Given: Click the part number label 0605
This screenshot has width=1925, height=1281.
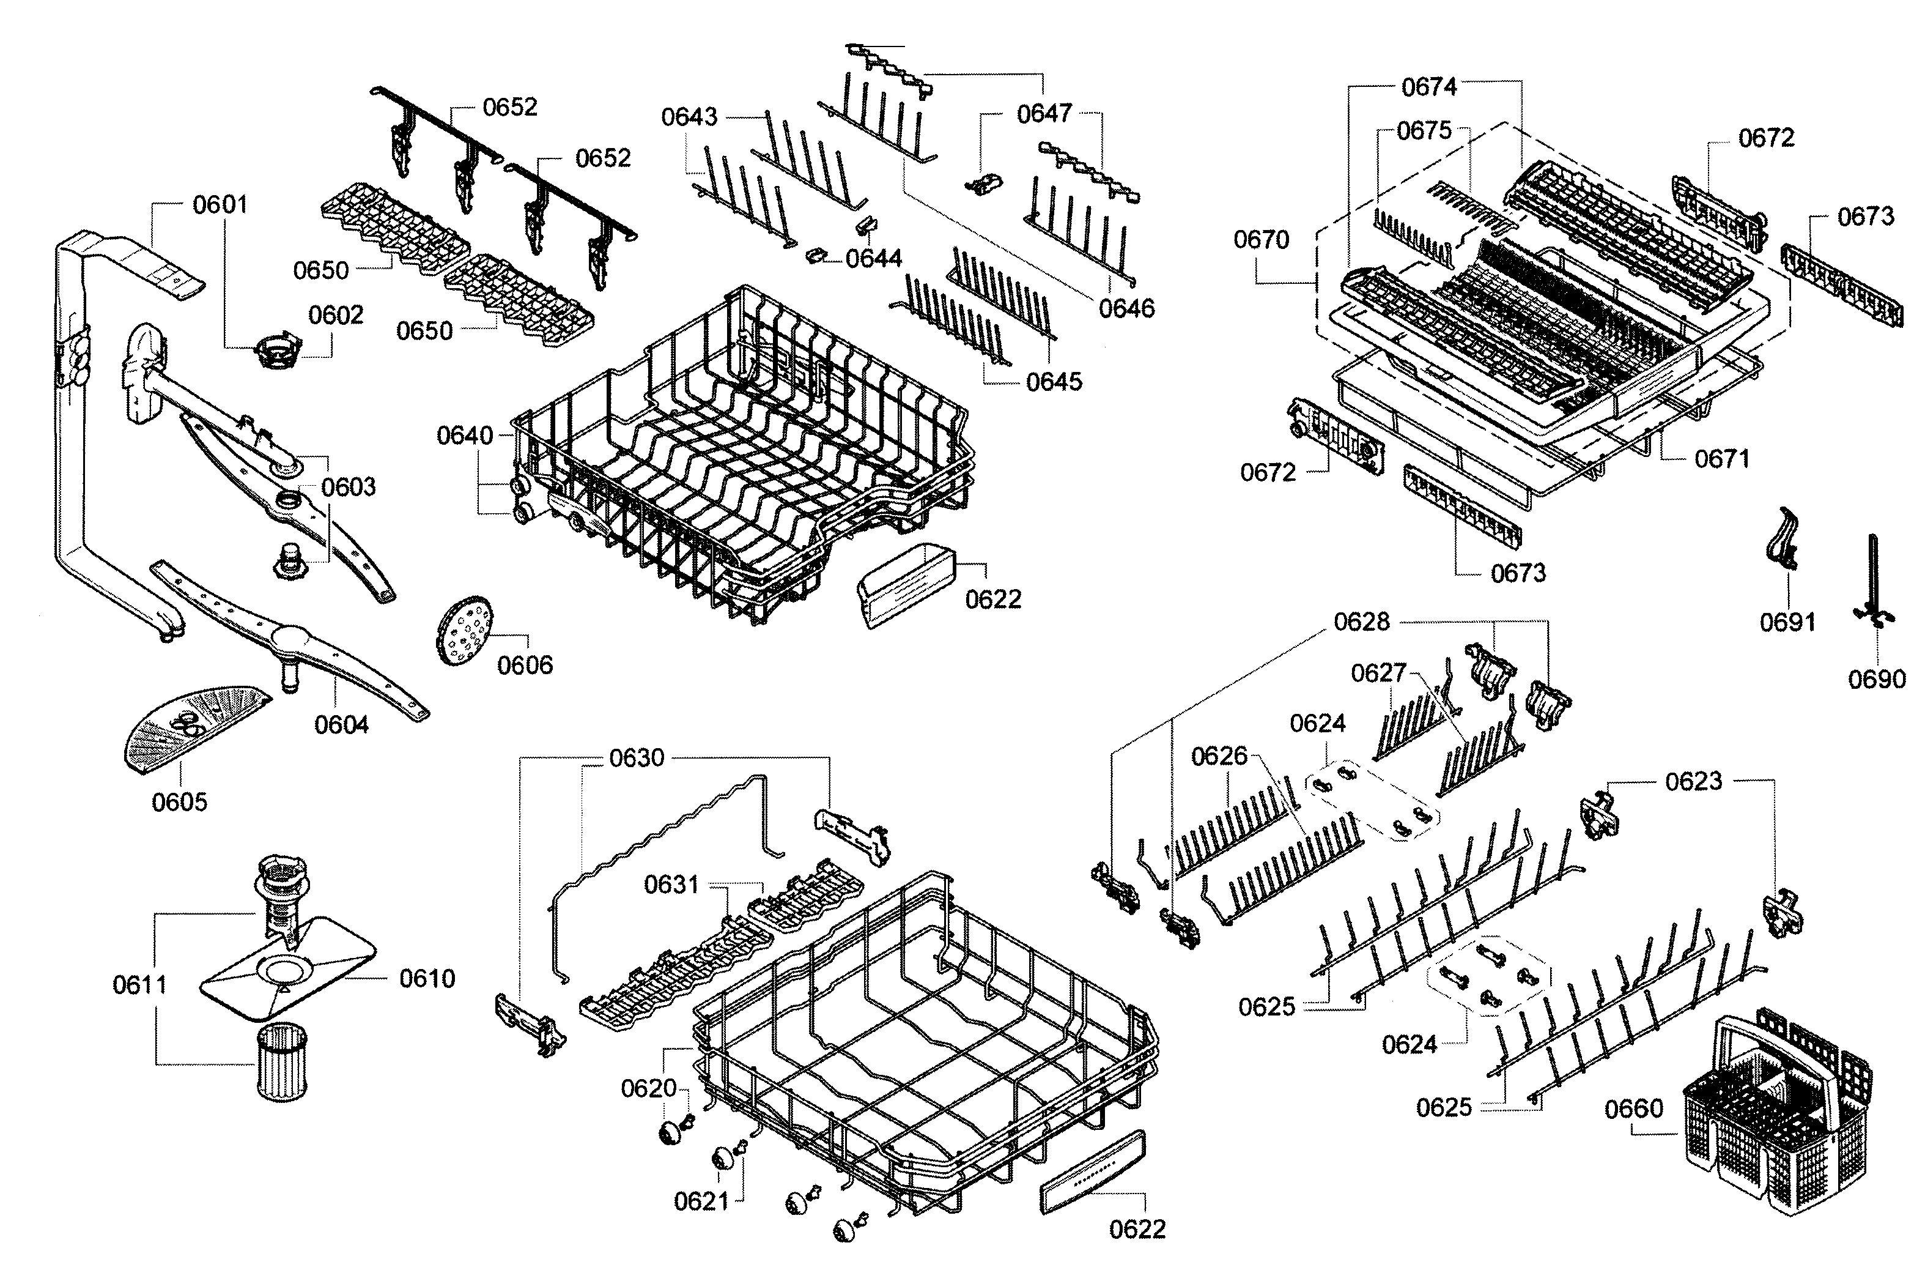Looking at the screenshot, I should [x=180, y=801].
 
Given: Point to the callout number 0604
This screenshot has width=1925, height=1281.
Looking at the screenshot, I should [x=341, y=725].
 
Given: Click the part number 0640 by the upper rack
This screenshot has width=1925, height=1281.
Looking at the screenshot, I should [x=465, y=436].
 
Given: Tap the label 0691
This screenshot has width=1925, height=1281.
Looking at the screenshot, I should [x=1787, y=623].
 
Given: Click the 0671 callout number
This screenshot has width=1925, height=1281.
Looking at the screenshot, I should [x=1721, y=459].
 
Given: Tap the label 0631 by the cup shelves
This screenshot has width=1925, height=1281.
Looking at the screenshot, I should [x=671, y=884].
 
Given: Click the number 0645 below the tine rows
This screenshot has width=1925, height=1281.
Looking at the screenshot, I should [x=1054, y=382].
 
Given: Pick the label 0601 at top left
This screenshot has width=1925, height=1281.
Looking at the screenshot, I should [x=220, y=204].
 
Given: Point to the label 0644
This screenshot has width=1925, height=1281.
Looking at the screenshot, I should [x=873, y=259].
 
